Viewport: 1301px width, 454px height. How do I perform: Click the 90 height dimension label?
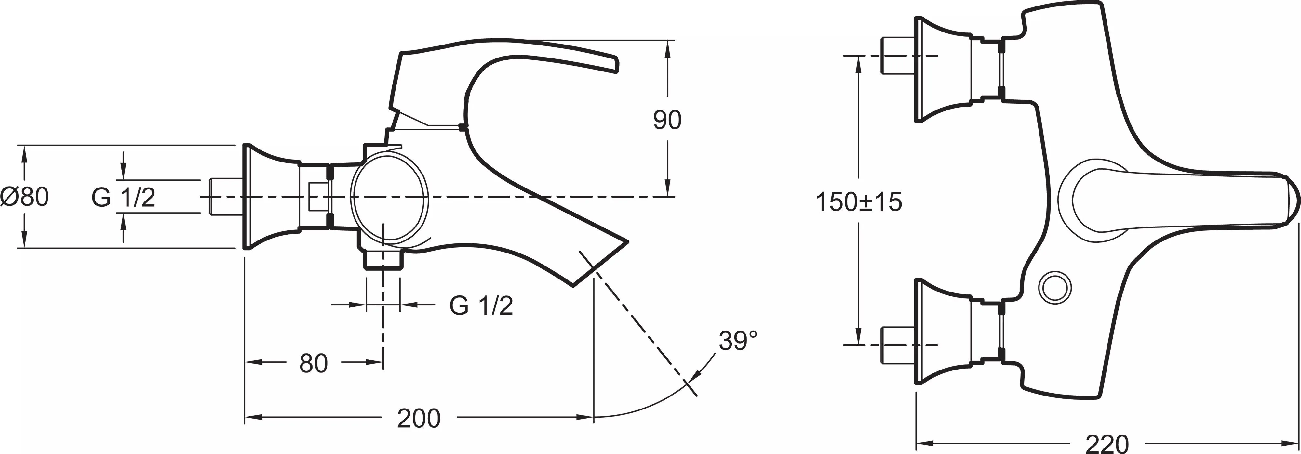pos(667,120)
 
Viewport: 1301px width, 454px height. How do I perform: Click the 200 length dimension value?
pos(419,418)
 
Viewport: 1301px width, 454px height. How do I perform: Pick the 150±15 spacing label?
pos(859,202)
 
